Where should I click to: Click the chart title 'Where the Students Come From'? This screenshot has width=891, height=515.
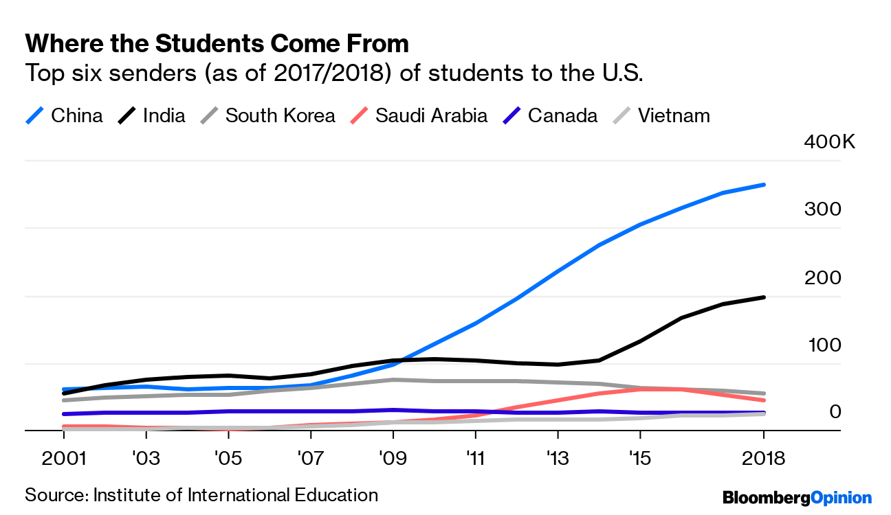[x=217, y=44]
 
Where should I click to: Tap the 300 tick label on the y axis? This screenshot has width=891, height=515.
[x=822, y=209]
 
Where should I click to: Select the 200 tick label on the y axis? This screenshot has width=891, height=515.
[x=822, y=277]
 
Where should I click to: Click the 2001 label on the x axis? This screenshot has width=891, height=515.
[x=64, y=459]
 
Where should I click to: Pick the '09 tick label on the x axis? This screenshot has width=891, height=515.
[x=393, y=459]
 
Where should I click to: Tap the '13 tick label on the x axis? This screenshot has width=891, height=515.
[x=557, y=459]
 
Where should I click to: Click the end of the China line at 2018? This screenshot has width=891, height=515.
[x=764, y=185]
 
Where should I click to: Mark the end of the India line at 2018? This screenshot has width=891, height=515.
[x=764, y=297]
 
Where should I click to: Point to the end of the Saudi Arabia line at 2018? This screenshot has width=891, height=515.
[x=764, y=400]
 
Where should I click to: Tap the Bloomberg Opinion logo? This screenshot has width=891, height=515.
[x=796, y=498]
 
